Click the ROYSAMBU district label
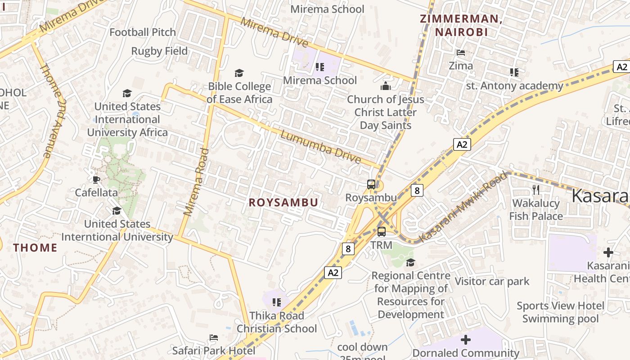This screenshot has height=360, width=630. pos(283,202)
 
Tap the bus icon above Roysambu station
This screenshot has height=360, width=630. pos(371,184)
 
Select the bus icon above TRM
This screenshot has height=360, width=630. pos(382,232)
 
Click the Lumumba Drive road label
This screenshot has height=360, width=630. pos(321,147)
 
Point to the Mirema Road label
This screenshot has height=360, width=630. pos(197,182)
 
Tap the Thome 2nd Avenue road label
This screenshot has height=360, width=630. pos(53,110)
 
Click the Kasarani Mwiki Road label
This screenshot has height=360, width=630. pos(463,207)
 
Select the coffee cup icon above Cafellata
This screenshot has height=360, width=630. pos(96,180)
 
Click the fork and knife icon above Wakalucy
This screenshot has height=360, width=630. pos(535,189)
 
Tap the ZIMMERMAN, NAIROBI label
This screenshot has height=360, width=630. pos(461,26)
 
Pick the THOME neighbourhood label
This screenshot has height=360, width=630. pos(35,247)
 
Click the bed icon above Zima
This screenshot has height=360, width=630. pos(461,53)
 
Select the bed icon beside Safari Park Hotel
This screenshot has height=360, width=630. pos(214,337)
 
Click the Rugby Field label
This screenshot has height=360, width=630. pos(159,51)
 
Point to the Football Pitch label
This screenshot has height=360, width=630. pos(143,32)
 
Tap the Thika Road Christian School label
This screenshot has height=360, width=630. pos(277,322)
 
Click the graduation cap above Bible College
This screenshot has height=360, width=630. pos(239,73)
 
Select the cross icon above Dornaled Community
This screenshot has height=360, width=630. pos(466,339)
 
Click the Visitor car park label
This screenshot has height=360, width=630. pos(492,281)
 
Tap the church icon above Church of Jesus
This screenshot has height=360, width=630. pos(385,85)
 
